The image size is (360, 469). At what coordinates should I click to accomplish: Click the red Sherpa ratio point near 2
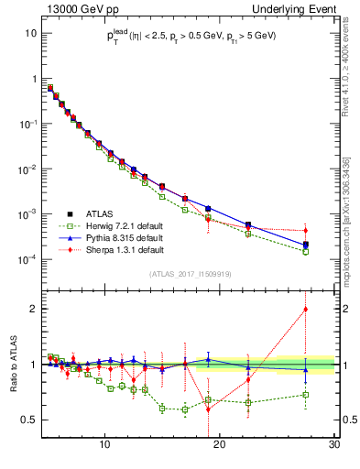click(x=306, y=309)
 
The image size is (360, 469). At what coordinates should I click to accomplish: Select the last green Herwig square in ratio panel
click(x=306, y=395)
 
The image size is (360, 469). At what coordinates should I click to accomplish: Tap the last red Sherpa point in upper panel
click(x=306, y=230)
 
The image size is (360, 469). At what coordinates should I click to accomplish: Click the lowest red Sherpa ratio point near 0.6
click(x=209, y=409)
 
